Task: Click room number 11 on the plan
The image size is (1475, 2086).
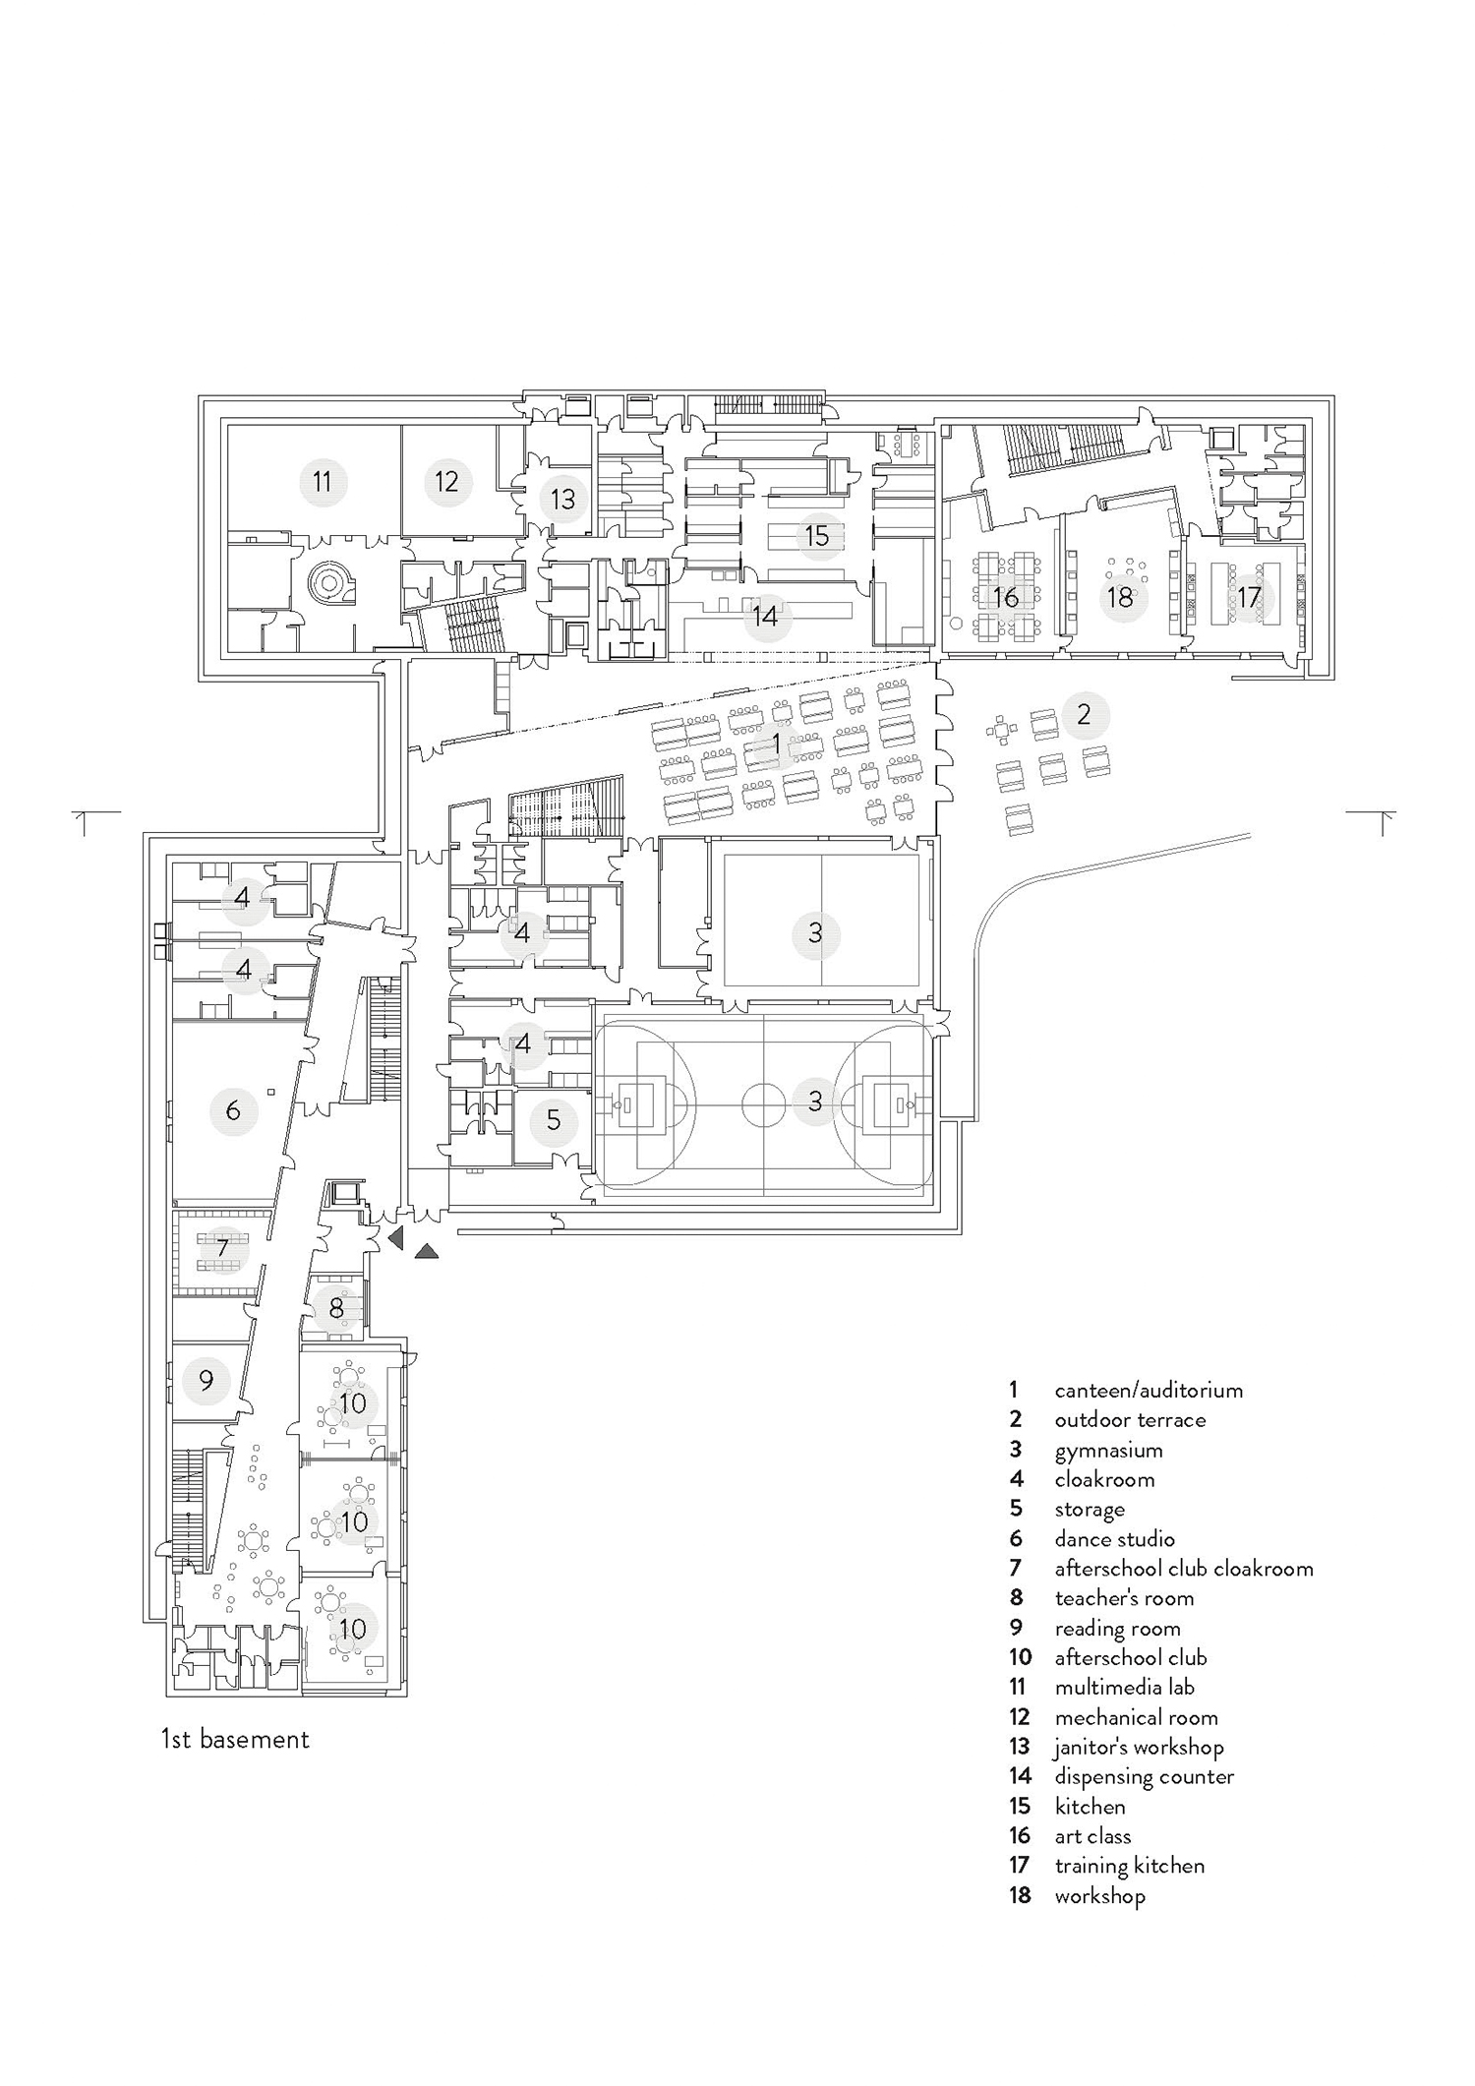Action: point(322,482)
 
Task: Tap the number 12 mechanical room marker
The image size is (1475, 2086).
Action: point(446,482)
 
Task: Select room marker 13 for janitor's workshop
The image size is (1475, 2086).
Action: point(562,499)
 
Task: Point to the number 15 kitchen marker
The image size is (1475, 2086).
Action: point(817,536)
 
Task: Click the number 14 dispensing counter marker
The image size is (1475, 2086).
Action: point(765,617)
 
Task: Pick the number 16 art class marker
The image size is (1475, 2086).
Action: point(1005,597)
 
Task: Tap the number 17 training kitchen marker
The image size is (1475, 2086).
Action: point(1248,597)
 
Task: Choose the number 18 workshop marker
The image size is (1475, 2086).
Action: point(1120,597)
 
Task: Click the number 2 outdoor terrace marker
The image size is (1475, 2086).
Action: point(1084,715)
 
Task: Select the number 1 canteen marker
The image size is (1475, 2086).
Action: point(776,745)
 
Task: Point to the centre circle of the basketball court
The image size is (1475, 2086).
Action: point(763,1101)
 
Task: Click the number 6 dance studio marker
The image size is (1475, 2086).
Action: point(233,1111)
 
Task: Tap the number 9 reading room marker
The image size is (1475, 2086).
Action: point(206,1381)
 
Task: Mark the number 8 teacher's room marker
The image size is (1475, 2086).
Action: point(336,1309)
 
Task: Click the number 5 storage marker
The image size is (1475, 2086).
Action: point(554,1119)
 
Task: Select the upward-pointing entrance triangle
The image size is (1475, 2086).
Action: point(427,1252)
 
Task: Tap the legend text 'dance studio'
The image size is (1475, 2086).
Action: point(1114,1539)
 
